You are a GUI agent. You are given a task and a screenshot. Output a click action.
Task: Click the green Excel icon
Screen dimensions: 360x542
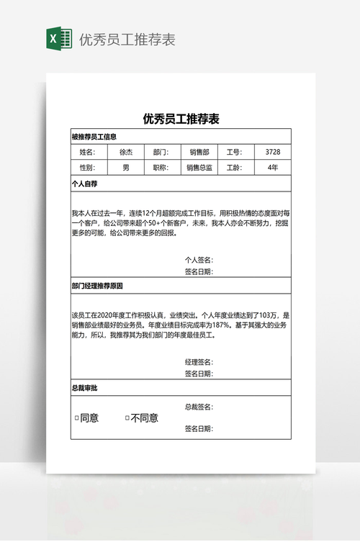point(58,38)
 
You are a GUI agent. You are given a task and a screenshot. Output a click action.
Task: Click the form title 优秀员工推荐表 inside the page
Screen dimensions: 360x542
point(181,119)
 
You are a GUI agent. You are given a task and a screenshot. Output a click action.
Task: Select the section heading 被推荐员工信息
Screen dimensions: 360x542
point(94,137)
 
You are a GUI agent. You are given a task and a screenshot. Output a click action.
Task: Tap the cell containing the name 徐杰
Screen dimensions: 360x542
point(126,152)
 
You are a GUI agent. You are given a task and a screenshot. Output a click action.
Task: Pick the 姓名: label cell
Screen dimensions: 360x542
point(87,152)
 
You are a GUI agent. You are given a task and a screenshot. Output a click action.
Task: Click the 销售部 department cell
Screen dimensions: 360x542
point(199,152)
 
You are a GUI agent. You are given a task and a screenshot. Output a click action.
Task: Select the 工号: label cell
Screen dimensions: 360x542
point(236,152)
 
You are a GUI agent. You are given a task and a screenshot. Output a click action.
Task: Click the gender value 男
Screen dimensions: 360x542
point(126,168)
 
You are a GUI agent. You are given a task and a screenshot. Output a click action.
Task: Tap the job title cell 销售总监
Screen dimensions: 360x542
point(199,168)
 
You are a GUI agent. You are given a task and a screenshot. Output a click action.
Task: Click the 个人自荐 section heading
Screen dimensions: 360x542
point(84,184)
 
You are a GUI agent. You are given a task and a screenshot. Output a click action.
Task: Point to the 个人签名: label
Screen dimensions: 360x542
point(199,260)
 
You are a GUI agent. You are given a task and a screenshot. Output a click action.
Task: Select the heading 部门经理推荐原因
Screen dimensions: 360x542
point(97,286)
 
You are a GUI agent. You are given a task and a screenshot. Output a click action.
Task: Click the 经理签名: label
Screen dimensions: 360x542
point(199,361)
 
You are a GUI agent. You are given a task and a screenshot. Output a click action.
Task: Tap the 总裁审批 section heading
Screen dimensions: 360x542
point(84,388)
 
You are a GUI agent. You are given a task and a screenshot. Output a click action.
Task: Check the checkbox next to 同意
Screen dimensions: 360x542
point(77,418)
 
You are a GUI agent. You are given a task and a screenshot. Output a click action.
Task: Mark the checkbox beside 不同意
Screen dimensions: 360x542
point(127,418)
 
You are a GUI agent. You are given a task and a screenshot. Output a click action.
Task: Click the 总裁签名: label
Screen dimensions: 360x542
point(199,407)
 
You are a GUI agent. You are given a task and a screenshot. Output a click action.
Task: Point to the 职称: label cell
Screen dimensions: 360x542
point(161,168)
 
